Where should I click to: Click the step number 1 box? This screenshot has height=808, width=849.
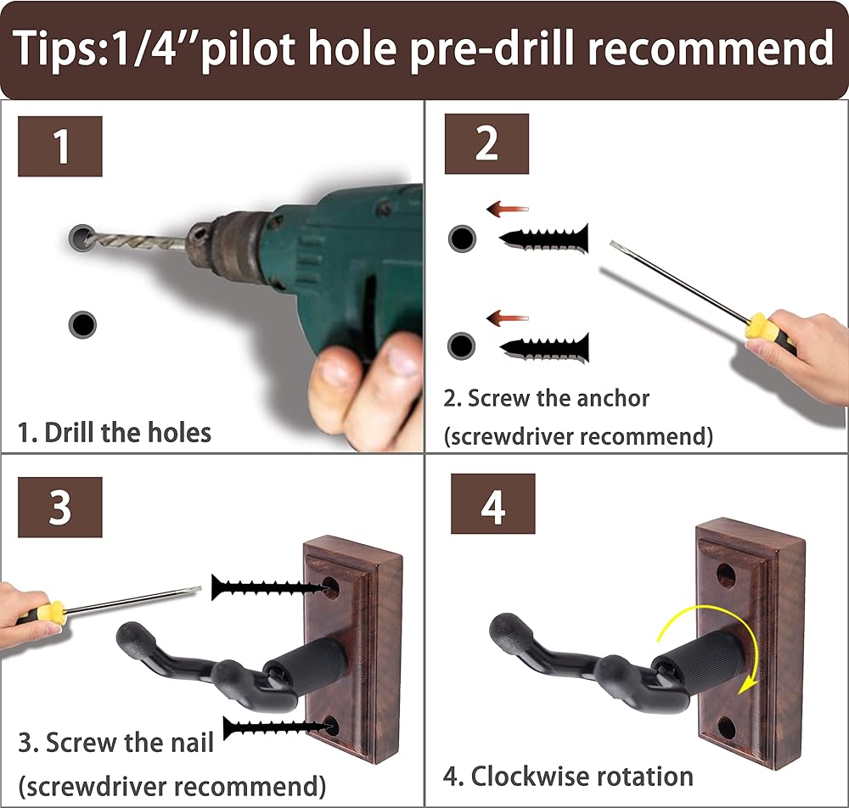pyautogui.click(x=60, y=146)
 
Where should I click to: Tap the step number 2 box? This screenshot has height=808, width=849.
pyautogui.click(x=486, y=143)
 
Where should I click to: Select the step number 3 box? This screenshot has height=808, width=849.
pyautogui.click(x=60, y=507)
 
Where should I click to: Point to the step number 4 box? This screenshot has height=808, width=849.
pyautogui.click(x=492, y=504)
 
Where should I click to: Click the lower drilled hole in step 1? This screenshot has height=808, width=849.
pyautogui.click(x=82, y=325)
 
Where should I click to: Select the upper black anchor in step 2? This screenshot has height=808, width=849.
pyautogui.click(x=543, y=238)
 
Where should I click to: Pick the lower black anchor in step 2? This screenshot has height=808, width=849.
pyautogui.click(x=543, y=348)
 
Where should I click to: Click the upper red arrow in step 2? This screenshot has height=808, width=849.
pyautogui.click(x=507, y=209)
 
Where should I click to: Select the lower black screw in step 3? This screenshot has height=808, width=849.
pyautogui.click(x=276, y=727)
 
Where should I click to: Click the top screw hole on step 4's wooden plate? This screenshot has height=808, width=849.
pyautogui.click(x=726, y=576)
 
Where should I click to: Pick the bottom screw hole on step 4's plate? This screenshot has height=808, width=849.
pyautogui.click(x=727, y=728)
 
